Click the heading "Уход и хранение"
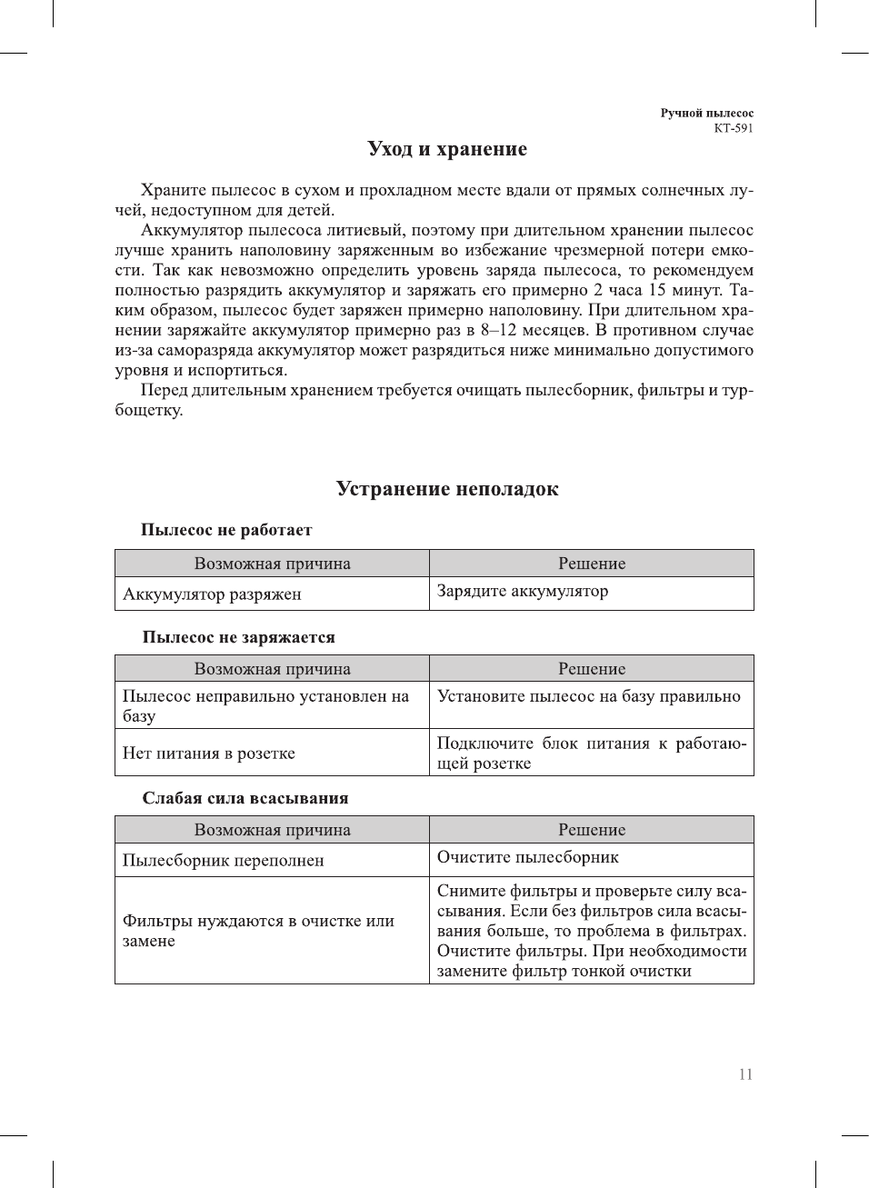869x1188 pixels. [446, 149]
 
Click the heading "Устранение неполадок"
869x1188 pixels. [446, 489]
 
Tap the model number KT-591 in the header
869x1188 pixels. [733, 128]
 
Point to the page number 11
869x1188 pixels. [745, 1074]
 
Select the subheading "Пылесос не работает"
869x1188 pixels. [226, 530]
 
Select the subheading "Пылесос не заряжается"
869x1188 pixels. [238, 637]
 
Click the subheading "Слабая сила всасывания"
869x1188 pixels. [245, 798]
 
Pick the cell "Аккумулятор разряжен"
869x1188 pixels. [212, 594]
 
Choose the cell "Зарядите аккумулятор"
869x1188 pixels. [523, 591]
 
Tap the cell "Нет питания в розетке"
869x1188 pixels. [209, 754]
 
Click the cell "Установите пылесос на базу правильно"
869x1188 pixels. [588, 696]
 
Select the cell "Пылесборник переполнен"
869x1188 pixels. [223, 861]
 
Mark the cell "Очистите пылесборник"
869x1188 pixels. [527, 857]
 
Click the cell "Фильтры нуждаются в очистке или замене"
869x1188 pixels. [258, 931]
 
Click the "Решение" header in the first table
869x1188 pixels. [592, 564]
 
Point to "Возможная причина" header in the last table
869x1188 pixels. [272, 830]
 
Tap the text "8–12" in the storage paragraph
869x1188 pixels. [498, 331]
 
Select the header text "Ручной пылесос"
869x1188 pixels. [706, 114]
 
